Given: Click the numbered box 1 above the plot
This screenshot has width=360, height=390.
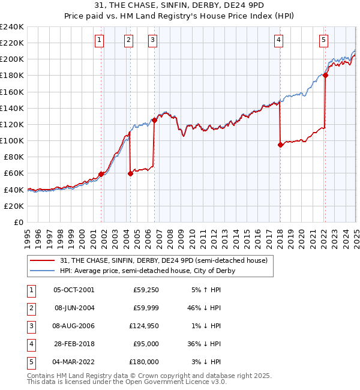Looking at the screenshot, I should click(99, 40).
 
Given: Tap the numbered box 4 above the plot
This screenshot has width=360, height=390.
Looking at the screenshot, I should click(279, 40).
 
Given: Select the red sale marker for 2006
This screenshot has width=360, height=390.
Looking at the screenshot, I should click(154, 120).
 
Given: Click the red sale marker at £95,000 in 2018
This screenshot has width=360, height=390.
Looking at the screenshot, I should click(280, 145).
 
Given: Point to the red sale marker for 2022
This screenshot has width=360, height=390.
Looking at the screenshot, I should click(325, 75).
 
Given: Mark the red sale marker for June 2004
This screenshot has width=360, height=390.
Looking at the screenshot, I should click(130, 173).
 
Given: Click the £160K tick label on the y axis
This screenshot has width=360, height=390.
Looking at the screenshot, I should click(12, 92).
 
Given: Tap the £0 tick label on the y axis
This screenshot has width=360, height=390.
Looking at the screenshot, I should click(18, 222).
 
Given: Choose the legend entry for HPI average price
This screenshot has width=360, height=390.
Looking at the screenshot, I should click(147, 271).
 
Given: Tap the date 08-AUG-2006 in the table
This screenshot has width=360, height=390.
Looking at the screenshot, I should click(74, 326).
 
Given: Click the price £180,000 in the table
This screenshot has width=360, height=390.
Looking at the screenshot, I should click(145, 362).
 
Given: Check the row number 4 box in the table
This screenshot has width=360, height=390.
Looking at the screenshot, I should click(29, 344).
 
